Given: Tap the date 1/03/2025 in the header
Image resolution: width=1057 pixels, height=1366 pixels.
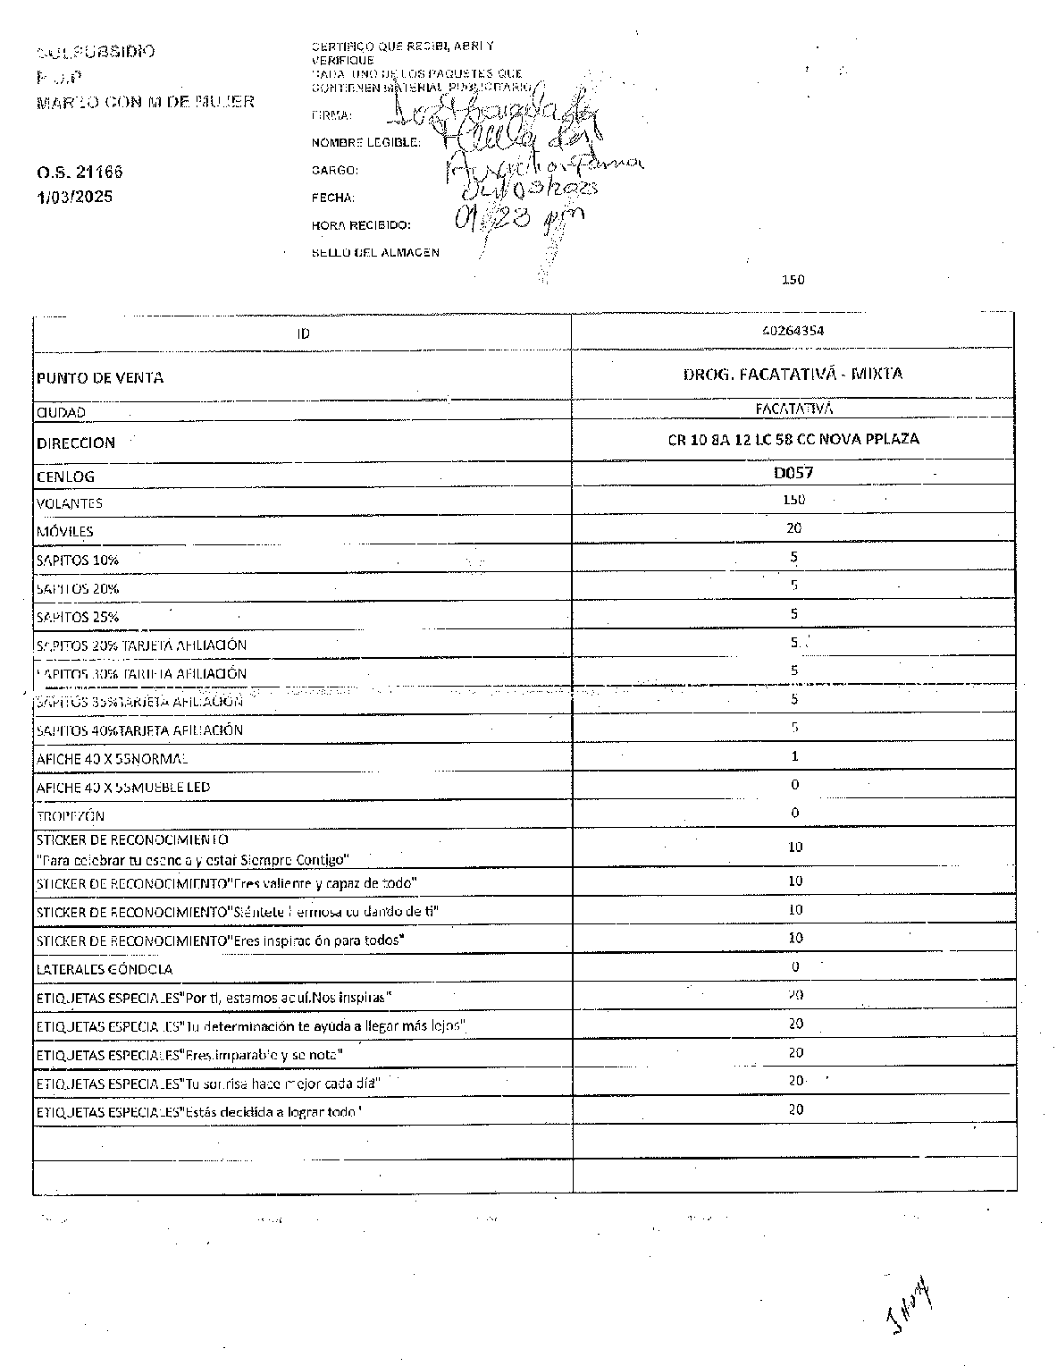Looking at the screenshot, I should pos(75,197).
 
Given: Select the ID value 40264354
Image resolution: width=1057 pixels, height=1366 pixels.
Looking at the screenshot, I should pos(793,330).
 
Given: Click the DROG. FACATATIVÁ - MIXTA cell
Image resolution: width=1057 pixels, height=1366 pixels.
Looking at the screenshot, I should pos(793,374).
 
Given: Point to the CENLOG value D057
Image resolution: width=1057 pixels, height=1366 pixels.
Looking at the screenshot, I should pos(793,473).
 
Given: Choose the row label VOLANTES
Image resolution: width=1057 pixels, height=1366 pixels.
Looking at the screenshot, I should pos(70,503).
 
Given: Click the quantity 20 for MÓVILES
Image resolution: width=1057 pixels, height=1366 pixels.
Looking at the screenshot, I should pos(793,528).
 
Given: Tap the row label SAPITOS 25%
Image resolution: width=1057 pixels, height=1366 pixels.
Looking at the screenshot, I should pos(78,617).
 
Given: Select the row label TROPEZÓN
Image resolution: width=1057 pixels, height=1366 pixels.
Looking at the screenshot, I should pos(71,816).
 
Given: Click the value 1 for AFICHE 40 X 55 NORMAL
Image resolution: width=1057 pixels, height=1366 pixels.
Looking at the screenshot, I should pos(794,756).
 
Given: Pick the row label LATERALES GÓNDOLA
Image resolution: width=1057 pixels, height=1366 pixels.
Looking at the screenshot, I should pos(105,969).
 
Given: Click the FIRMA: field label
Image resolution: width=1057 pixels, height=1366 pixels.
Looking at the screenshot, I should pos(331,115).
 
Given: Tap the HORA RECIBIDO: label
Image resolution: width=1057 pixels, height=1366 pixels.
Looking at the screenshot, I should pos(361,225).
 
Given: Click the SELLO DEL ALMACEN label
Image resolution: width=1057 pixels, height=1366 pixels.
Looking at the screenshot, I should pos(375,253).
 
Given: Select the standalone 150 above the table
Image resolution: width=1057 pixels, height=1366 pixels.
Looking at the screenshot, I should pos(793,280).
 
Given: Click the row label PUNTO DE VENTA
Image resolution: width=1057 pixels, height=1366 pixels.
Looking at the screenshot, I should pos(100,378).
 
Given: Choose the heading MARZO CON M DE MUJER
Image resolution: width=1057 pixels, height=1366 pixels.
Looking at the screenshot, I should pos(146,102).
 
